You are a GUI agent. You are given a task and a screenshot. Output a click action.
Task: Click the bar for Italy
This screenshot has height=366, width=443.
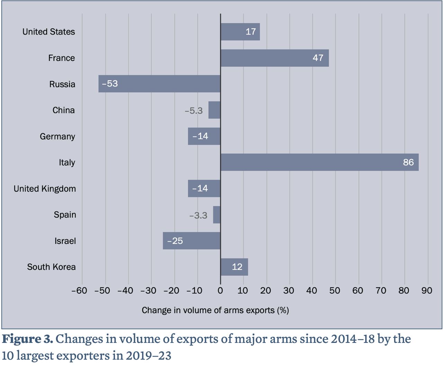point(319,162)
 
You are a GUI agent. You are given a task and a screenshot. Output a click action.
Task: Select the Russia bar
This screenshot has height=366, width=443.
point(160,84)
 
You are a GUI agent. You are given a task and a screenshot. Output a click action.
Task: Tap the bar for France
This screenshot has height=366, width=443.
point(274,58)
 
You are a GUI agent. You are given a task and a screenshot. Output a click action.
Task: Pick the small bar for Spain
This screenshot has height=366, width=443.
point(217,215)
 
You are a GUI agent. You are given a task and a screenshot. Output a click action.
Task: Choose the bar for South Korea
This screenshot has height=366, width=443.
point(234,267)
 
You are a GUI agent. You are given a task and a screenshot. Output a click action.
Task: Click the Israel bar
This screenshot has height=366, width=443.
point(191,241)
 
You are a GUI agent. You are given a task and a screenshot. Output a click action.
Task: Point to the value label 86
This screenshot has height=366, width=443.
point(408,162)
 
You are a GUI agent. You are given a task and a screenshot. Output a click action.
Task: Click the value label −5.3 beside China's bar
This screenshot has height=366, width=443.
point(194,111)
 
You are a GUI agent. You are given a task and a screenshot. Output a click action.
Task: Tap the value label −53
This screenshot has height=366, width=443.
point(110,84)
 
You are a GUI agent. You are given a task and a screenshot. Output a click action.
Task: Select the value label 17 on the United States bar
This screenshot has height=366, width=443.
point(251,32)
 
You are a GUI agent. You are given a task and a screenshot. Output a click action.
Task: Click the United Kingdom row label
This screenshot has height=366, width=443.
point(45,189)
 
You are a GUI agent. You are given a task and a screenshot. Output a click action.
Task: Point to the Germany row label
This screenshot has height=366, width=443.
point(57,136)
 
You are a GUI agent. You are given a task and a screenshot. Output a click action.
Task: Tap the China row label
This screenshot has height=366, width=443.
point(64,110)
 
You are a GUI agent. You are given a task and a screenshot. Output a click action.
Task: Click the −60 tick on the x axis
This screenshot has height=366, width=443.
point(79,291)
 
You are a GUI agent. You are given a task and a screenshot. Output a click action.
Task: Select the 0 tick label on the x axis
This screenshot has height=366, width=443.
point(220,291)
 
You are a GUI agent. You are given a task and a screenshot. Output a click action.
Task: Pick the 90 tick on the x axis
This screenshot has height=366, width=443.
point(427,291)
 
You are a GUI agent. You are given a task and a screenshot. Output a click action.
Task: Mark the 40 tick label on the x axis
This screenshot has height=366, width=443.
point(312,291)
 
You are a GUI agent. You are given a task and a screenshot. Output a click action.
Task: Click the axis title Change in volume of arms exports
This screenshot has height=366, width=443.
point(215,310)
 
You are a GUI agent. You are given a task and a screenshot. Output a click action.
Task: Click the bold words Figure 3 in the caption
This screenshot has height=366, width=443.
point(28,339)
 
